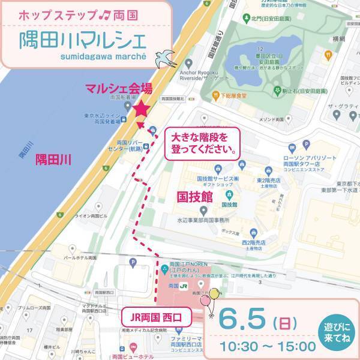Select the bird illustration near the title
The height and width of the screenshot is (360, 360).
(x=164, y=56)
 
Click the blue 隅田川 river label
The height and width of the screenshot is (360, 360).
(x=53, y=159)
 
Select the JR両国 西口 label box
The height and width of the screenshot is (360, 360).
(x=155, y=314)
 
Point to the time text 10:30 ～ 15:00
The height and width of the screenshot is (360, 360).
(x=268, y=346)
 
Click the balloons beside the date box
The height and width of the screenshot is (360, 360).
(x=211, y=298)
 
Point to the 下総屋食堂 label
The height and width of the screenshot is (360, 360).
(x=235, y=95)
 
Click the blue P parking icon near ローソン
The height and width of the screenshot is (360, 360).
(x=305, y=144)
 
